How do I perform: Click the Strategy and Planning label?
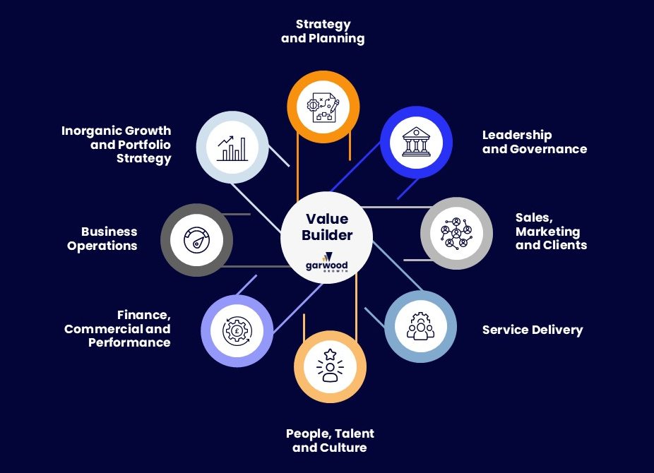[x=323, y=32]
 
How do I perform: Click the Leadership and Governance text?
[x=534, y=142]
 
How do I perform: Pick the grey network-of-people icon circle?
[x=456, y=233]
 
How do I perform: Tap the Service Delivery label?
[x=533, y=330]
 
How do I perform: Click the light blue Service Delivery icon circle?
[x=420, y=327]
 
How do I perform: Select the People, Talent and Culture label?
[x=330, y=441]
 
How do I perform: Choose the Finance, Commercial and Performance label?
[x=117, y=328]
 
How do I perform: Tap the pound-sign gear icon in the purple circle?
[x=237, y=330]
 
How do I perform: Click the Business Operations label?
[x=102, y=239]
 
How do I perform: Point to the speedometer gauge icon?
[x=197, y=240]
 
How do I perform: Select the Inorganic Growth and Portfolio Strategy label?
[x=117, y=144]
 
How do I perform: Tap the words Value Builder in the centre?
[x=328, y=227]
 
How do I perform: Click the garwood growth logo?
[x=326, y=263]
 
